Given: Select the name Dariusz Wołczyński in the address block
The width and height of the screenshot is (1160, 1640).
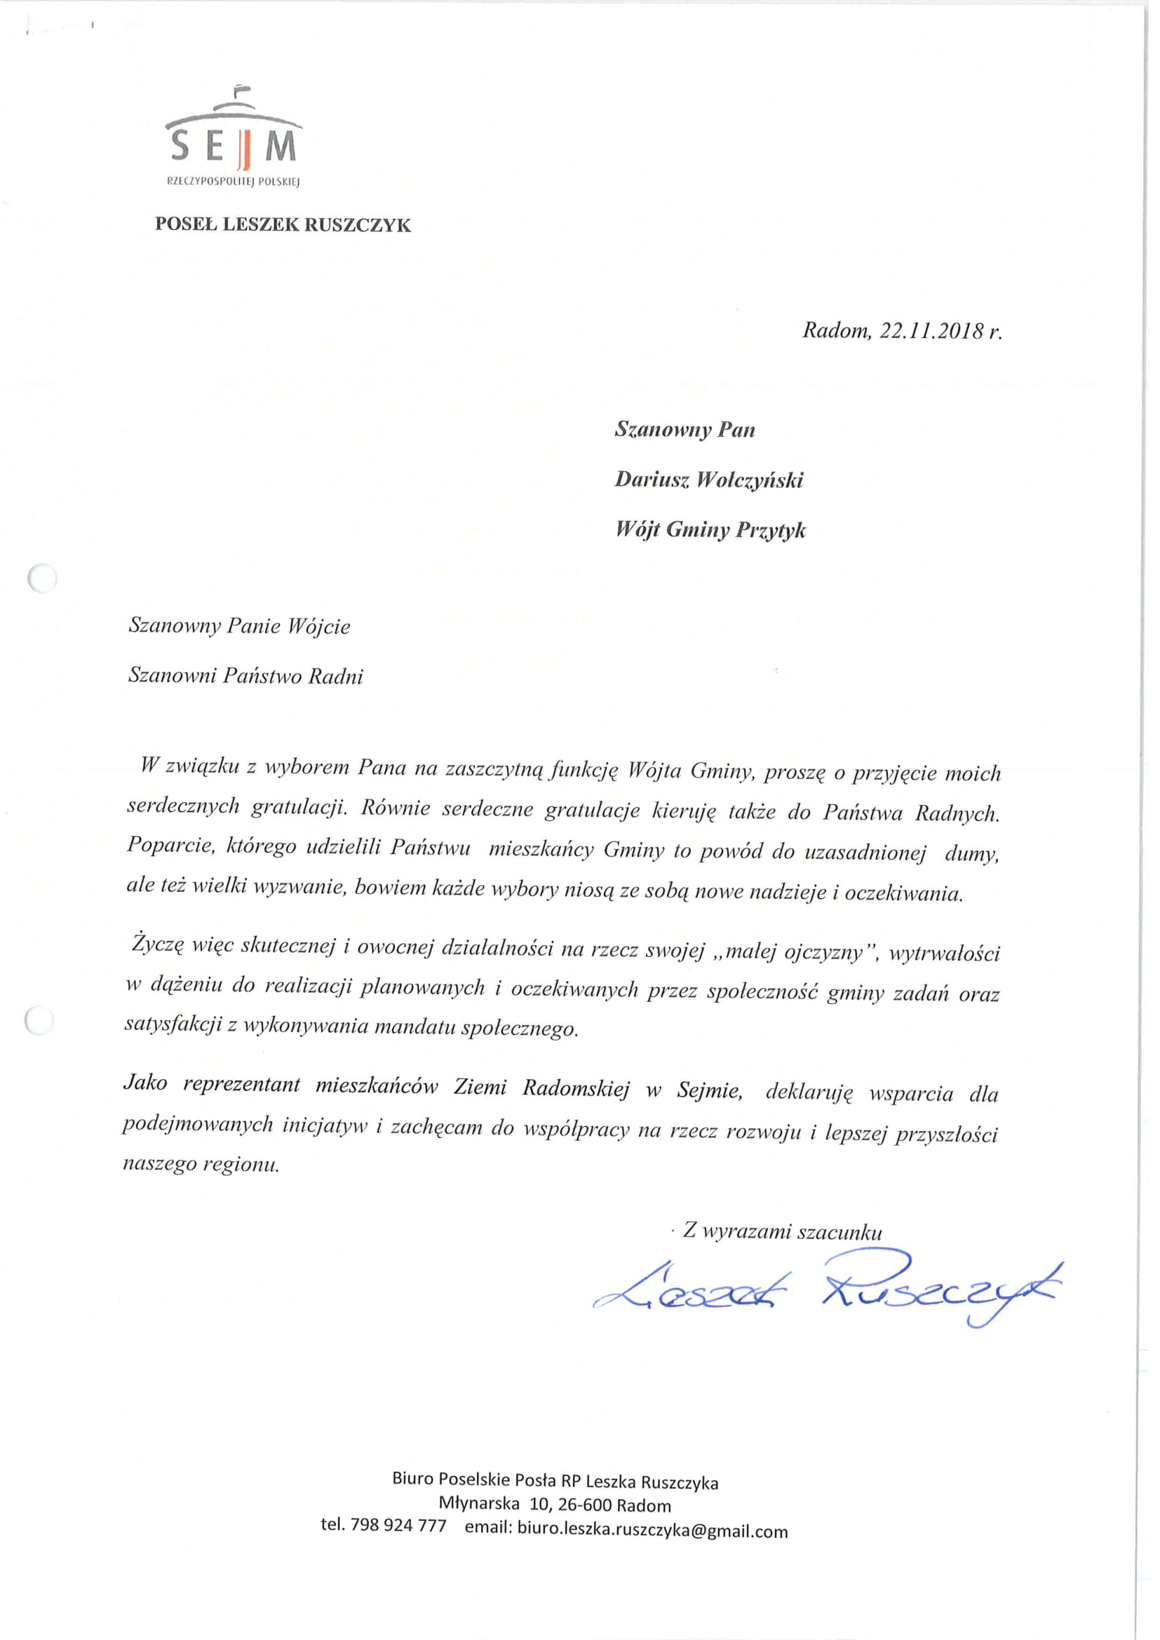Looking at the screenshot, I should coord(708,480).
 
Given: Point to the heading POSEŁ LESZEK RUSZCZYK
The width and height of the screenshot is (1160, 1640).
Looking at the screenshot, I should coord(283,225).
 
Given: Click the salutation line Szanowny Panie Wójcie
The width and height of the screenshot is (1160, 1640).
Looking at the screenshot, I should coord(239,626).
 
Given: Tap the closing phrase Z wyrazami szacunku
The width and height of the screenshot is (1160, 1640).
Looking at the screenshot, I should coord(782,1231).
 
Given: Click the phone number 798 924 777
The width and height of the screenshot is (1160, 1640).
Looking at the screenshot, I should coord(398,1526).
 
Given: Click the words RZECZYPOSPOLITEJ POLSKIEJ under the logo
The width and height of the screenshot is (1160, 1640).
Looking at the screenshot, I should coord(233,182).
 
